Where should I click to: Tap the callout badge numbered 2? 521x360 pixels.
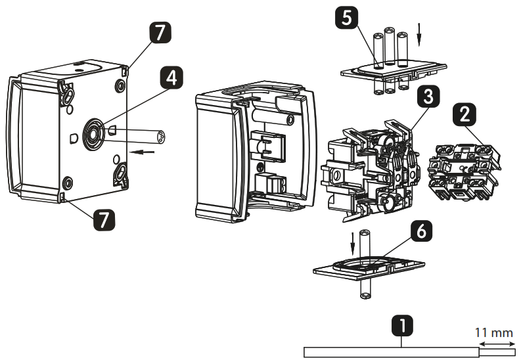pos(464,115)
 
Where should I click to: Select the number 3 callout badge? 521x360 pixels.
pos(427,97)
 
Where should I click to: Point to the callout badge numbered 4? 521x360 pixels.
pos(170,79)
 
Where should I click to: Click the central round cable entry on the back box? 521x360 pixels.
pos(91,133)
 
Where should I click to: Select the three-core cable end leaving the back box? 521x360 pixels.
pos(158,137)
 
